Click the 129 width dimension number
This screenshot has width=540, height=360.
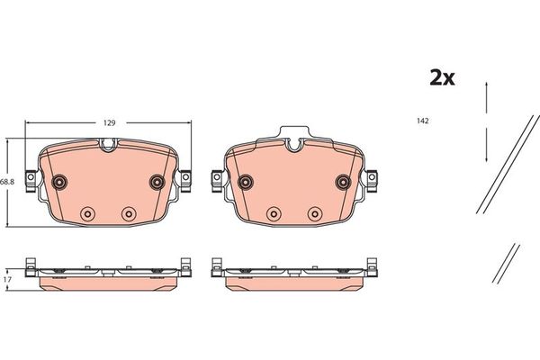coord(109,123)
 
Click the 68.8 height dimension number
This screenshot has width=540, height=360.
coord(7,182)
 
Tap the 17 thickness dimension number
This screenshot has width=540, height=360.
coord(7,280)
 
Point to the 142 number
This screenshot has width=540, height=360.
coord(423,121)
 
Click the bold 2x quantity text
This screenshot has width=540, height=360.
coord(442,78)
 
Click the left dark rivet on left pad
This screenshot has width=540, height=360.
coord(59,182)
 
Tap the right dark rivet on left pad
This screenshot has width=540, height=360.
coord(157,182)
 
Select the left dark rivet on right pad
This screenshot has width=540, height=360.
coord(246,182)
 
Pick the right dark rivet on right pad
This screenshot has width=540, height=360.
coord(344,182)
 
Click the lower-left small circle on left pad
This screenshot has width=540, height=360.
coord(87,214)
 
